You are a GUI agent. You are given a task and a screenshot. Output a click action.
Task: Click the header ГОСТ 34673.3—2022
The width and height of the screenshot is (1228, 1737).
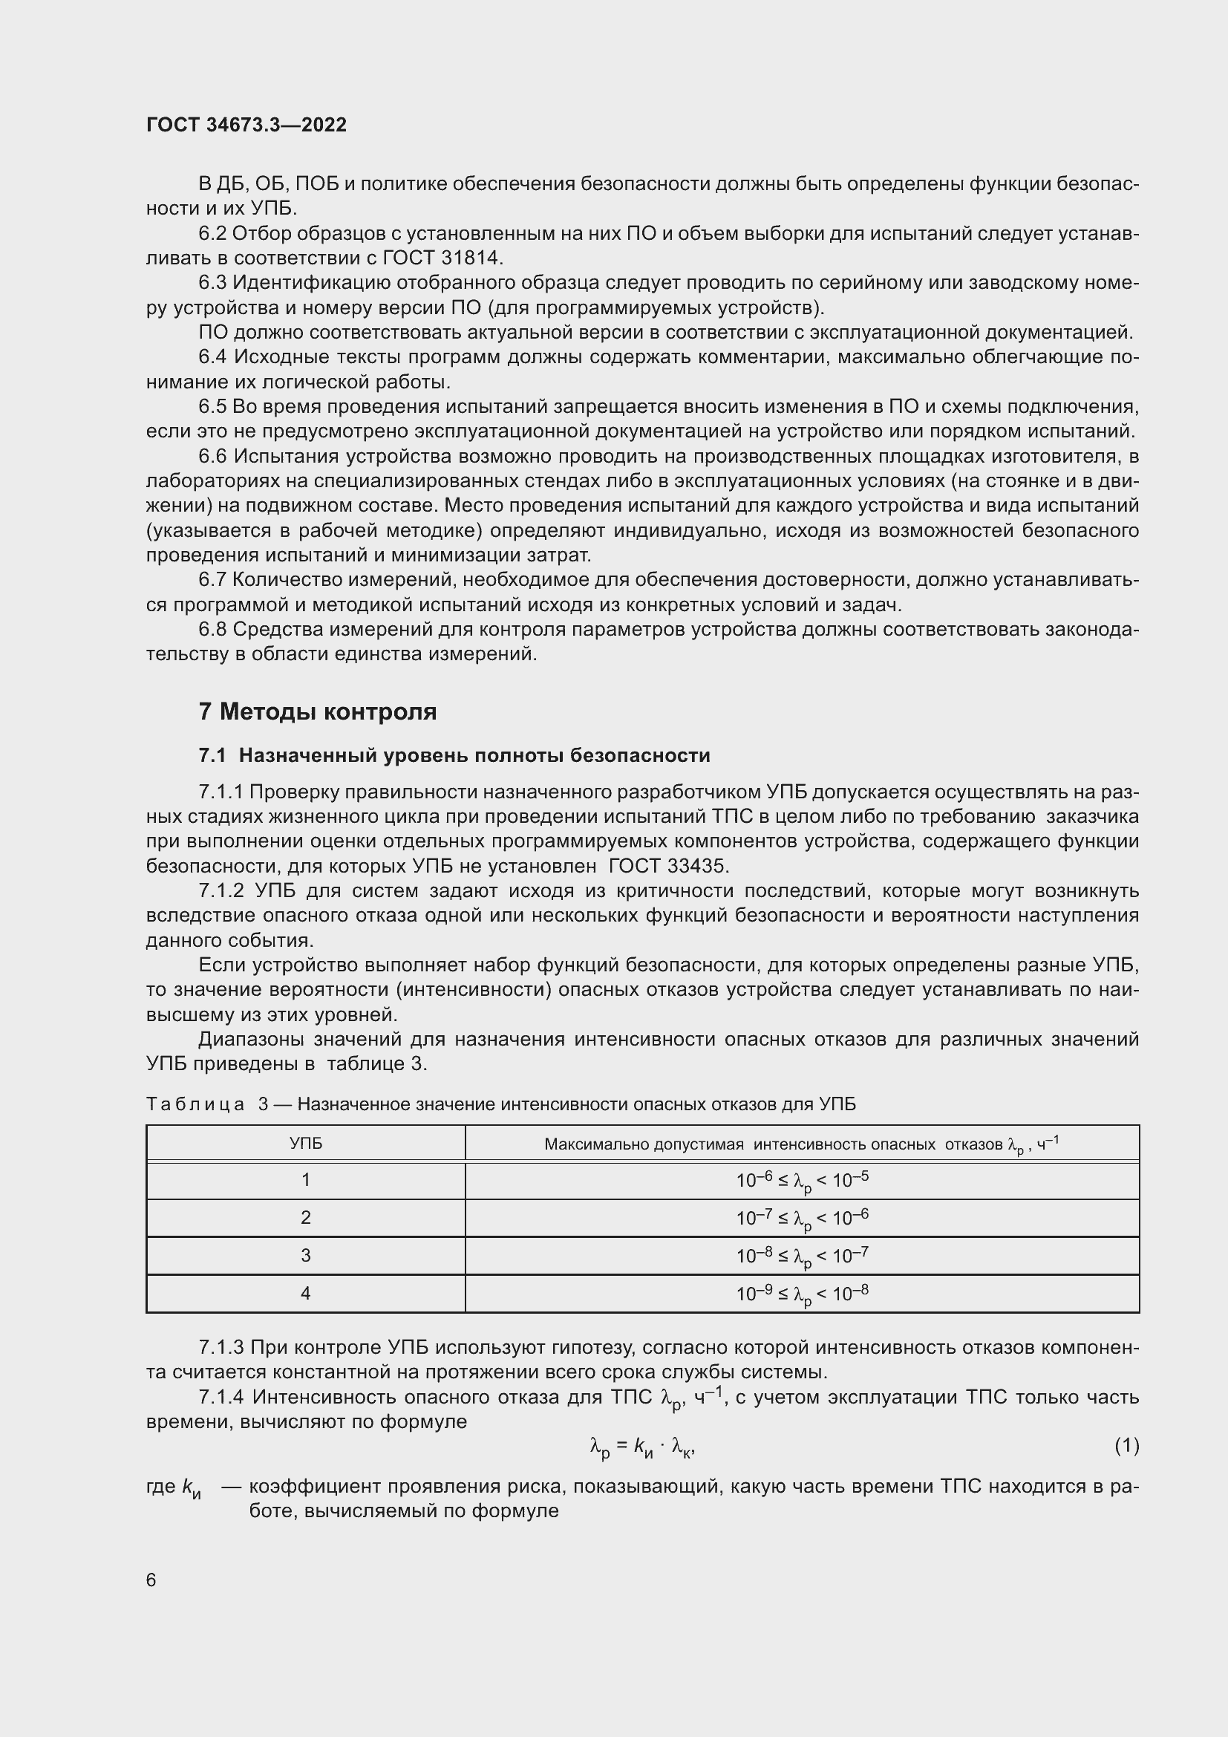(x=246, y=125)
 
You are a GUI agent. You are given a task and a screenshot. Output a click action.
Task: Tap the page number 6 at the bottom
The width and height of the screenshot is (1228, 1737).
(x=151, y=1580)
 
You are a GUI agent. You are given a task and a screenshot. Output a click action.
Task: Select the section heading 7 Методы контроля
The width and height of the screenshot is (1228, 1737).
(x=318, y=712)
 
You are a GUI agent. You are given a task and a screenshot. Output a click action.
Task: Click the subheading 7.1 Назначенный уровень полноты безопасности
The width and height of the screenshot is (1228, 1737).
(x=454, y=756)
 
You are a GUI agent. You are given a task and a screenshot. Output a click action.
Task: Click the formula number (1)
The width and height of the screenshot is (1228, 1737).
(x=1126, y=1446)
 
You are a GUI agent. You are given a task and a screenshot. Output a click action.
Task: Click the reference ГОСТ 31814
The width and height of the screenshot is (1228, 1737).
(x=442, y=258)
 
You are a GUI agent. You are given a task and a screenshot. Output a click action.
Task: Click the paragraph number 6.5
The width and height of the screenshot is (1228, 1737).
(x=212, y=407)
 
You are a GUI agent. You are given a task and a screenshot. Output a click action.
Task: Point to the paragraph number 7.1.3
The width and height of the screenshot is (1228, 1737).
(x=221, y=1347)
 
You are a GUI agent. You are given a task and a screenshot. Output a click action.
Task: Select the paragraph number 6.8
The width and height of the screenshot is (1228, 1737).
(x=212, y=630)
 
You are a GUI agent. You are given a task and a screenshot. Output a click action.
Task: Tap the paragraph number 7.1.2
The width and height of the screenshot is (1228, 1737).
(x=221, y=891)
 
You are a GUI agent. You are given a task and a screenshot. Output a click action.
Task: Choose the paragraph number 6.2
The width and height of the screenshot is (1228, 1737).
(x=212, y=234)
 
